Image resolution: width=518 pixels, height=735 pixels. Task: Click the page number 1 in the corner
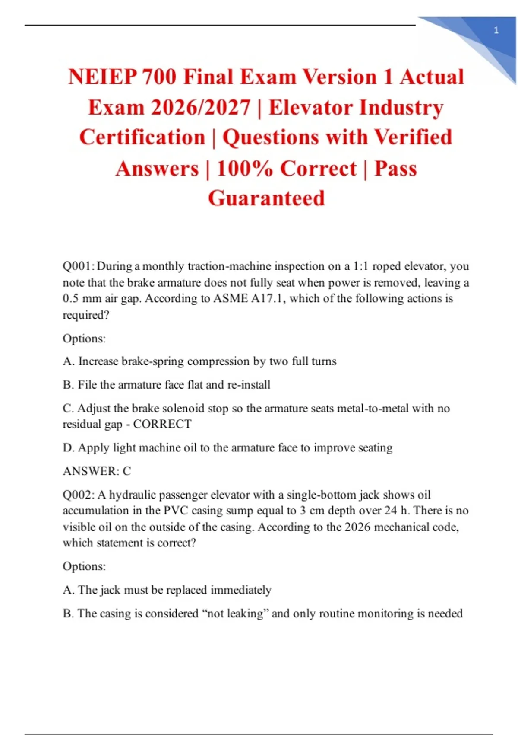[496, 30]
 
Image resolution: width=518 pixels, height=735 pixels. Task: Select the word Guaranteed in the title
[266, 198]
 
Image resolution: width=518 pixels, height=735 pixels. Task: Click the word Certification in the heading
[142, 137]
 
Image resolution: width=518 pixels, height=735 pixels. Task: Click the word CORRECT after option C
[162, 424]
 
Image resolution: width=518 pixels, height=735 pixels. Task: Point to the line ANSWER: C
[97, 471]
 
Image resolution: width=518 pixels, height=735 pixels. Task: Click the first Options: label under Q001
[84, 338]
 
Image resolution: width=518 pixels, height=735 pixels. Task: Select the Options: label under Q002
[84, 566]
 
